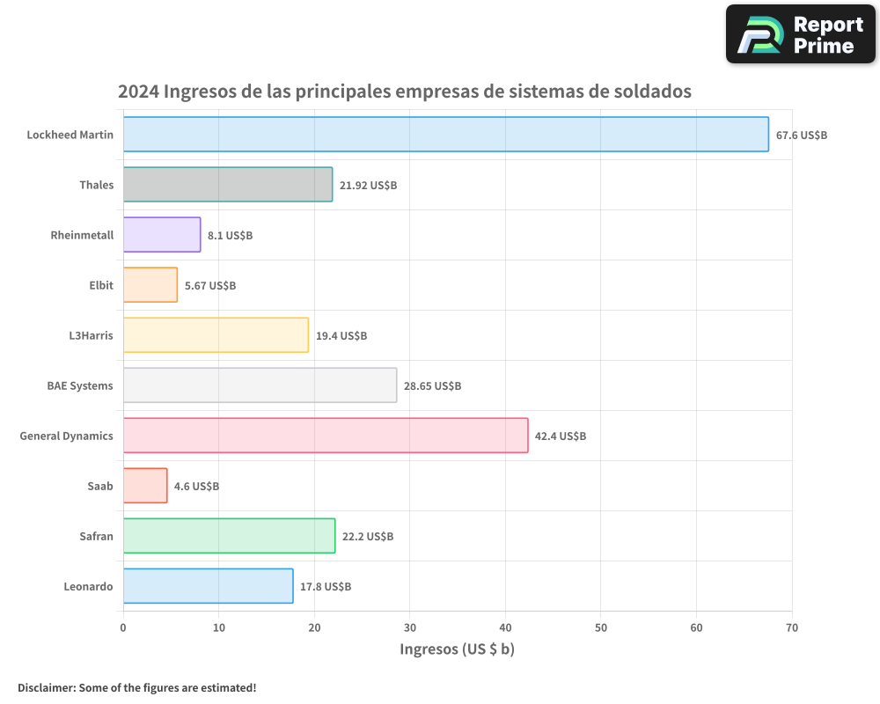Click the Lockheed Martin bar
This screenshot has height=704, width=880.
pyautogui.click(x=445, y=135)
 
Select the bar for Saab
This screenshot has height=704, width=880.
pyautogui.click(x=145, y=486)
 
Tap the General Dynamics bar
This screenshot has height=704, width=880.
pyautogui.click(x=326, y=436)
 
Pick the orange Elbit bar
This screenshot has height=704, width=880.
pyautogui.click(x=150, y=285)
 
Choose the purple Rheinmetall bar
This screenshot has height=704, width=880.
pyautogui.click(x=162, y=235)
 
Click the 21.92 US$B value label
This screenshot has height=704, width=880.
pyautogui.click(x=368, y=185)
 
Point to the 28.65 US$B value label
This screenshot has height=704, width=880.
pyautogui.click(x=432, y=385)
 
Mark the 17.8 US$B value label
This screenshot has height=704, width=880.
pyautogui.click(x=326, y=586)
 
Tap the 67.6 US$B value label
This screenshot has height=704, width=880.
pyautogui.click(x=802, y=135)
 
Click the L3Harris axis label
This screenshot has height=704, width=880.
pyautogui.click(x=92, y=335)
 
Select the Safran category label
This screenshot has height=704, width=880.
pyautogui.click(x=96, y=536)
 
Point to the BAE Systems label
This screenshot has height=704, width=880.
pyautogui.click(x=80, y=385)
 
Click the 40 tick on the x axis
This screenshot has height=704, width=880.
pyautogui.click(x=505, y=627)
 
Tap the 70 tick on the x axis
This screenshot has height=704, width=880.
pyautogui.click(x=792, y=627)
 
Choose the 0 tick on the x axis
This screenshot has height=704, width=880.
pyautogui.click(x=123, y=627)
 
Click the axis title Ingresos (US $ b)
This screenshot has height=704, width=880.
pyautogui.click(x=457, y=649)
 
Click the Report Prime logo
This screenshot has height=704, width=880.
pyautogui.click(x=801, y=34)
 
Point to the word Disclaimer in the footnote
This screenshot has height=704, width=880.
pyautogui.click(x=46, y=687)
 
